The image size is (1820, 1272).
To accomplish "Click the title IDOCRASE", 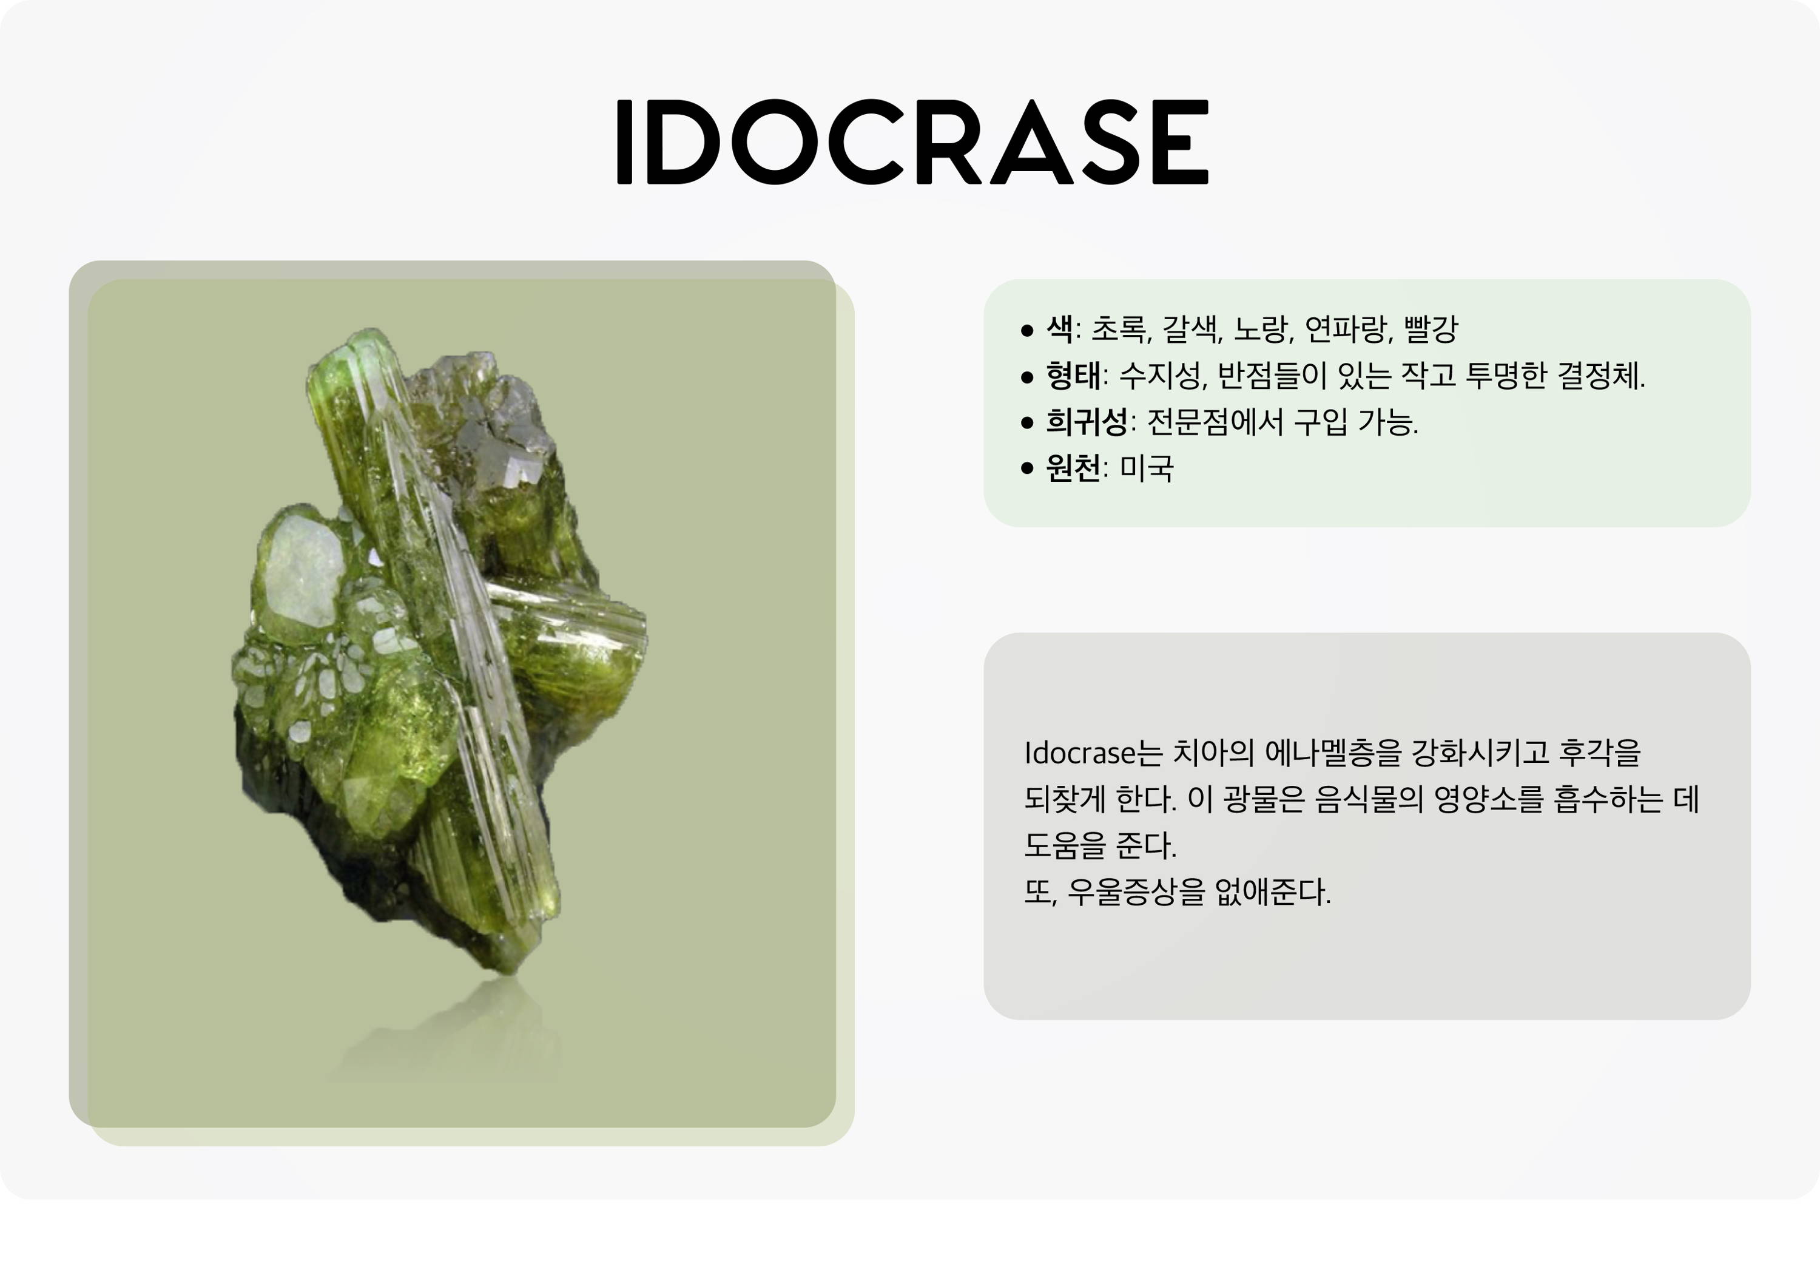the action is pyautogui.click(x=912, y=142).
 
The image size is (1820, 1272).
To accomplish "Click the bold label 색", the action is pyautogui.click(x=1060, y=328).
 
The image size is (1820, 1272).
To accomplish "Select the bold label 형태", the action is pyautogui.click(x=1073, y=375).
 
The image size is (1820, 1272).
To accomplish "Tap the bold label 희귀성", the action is pyautogui.click(x=1087, y=421).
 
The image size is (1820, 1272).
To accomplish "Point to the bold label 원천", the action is pyautogui.click(x=1073, y=468).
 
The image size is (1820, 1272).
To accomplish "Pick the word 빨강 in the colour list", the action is pyautogui.click(x=1431, y=328).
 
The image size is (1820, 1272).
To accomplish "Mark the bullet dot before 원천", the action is pyautogui.click(x=1028, y=468).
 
